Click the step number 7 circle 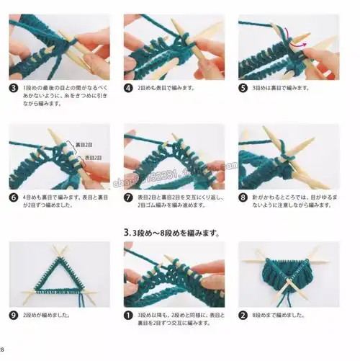[129, 196]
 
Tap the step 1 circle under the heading [129, 314]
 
